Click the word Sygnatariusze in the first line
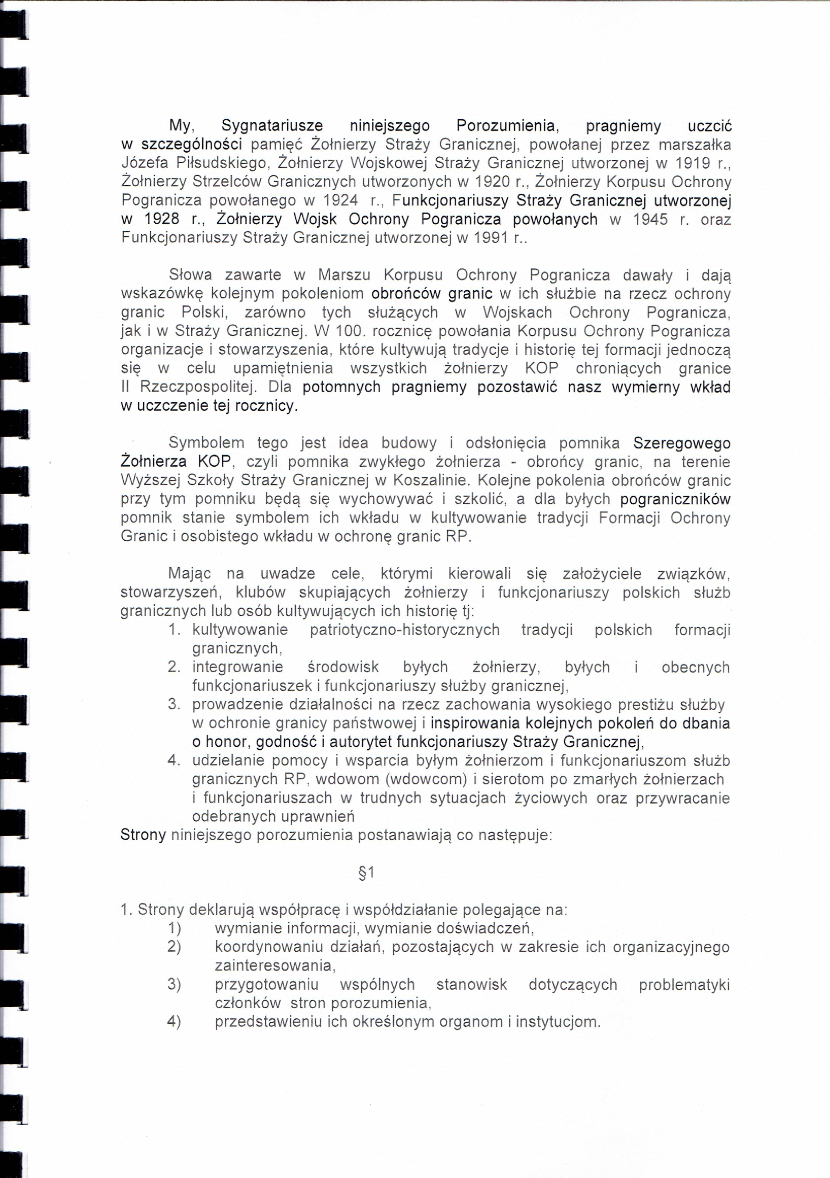[x=272, y=126]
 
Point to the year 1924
[x=340, y=200]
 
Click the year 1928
[x=162, y=219]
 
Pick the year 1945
[x=650, y=219]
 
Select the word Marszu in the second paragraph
[x=344, y=275]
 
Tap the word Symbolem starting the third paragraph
[x=206, y=443]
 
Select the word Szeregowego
[x=682, y=443]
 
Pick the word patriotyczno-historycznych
[x=404, y=630]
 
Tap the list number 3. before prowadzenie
[x=174, y=704]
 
